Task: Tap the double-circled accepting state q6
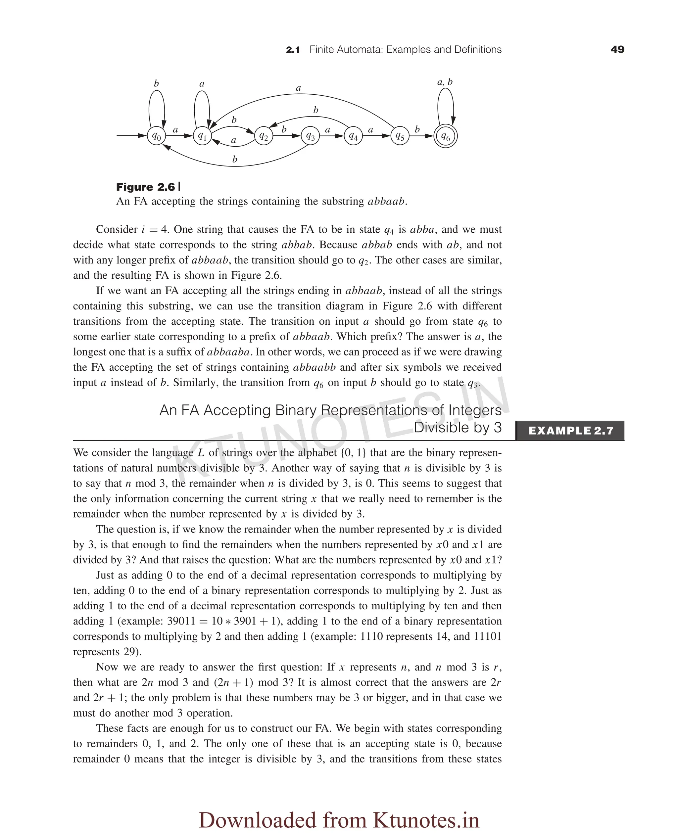[x=445, y=136]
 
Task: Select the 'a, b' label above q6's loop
[x=445, y=82]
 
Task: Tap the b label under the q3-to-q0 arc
[x=235, y=159]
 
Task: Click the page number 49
[x=617, y=50]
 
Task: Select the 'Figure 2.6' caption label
[x=145, y=187]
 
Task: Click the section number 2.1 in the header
[x=293, y=50]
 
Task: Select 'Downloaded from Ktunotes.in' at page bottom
[x=339, y=820]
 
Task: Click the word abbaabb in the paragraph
[x=314, y=367]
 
